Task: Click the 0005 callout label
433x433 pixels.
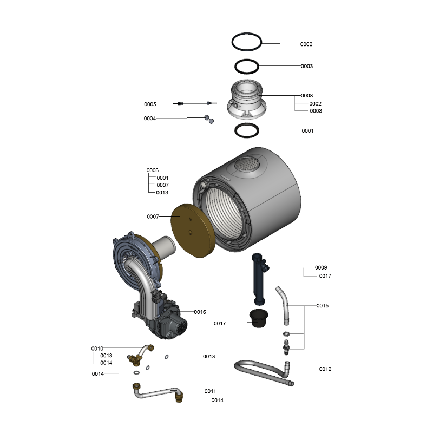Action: click(150, 104)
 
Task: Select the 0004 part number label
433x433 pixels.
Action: click(150, 118)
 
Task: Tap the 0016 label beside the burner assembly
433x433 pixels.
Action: click(200, 312)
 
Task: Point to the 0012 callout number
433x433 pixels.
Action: click(325, 369)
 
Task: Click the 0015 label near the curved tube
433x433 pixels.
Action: click(323, 305)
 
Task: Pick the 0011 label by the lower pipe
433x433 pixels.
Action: click(210, 391)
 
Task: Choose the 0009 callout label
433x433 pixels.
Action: click(321, 267)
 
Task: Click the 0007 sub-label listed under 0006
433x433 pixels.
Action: click(163, 185)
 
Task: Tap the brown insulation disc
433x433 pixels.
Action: click(193, 231)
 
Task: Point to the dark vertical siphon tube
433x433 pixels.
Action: click(258, 279)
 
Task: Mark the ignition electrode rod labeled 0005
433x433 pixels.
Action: click(195, 103)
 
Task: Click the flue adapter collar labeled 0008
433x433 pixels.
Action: click(247, 100)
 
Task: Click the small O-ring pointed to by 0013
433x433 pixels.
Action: click(167, 357)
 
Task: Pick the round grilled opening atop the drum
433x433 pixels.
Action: click(247, 164)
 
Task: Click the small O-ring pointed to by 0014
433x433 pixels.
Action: click(136, 373)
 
